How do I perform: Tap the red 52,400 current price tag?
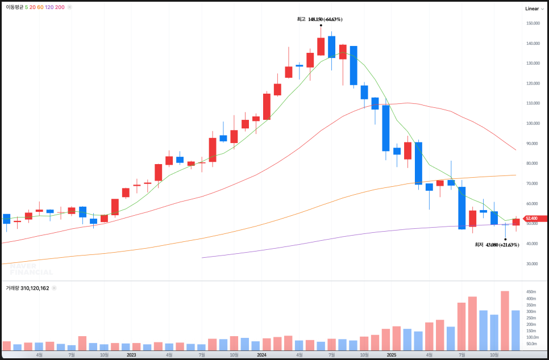pos(532,218)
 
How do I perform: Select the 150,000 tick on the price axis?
pos(533,23)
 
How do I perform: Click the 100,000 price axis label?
pos(533,123)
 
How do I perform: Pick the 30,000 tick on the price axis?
pos(533,263)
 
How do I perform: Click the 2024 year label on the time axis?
pos(261,355)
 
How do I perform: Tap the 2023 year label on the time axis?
pos(131,355)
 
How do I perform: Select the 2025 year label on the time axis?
pos(391,355)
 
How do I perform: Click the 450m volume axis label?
pos(530,292)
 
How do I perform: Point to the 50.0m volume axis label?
pos(531,344)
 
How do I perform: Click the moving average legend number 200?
pos(60,7)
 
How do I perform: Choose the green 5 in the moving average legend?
pos(26,7)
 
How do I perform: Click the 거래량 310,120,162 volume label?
pos(27,288)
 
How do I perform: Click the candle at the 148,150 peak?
pos(321,46)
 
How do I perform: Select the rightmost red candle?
pos(515,222)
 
